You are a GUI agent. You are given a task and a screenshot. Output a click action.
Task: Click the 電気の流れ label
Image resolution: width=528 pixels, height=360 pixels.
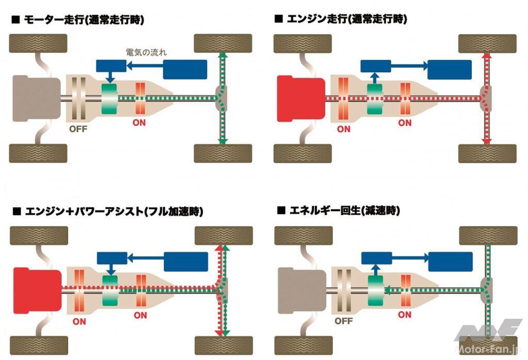(x=146, y=52)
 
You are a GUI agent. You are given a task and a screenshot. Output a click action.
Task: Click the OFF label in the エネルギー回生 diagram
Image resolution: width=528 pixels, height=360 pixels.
(x=343, y=320)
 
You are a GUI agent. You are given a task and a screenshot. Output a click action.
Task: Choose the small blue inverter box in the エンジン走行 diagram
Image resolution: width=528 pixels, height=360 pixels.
(x=375, y=66)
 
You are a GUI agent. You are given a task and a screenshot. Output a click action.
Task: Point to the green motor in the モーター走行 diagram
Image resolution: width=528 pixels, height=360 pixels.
(x=110, y=99)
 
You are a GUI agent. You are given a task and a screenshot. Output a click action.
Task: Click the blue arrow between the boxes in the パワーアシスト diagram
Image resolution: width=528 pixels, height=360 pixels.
(x=145, y=256)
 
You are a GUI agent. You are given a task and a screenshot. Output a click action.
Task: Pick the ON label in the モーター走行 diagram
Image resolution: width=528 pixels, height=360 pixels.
(x=139, y=123)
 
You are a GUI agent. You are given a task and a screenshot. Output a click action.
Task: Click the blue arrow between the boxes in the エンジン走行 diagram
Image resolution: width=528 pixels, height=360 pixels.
(x=409, y=66)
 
